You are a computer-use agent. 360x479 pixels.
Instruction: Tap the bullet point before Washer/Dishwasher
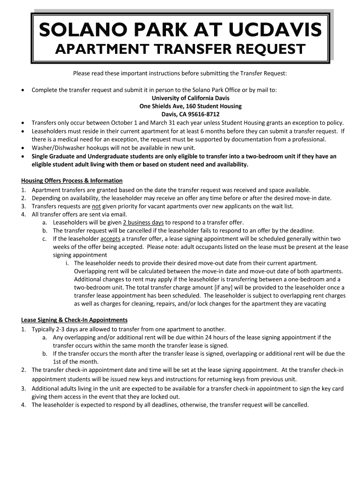point(23,148)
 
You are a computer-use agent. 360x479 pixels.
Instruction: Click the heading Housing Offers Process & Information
point(72,181)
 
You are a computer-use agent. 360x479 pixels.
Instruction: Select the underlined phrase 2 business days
point(143,223)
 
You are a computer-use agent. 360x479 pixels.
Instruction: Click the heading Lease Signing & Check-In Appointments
point(74,320)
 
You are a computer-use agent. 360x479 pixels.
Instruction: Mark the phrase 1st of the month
point(75,362)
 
